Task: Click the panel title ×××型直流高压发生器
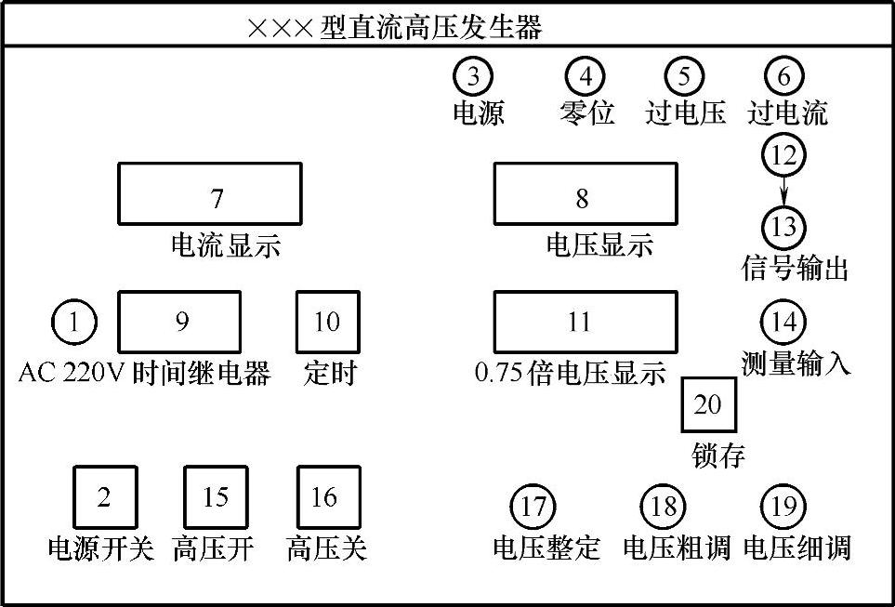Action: point(394,27)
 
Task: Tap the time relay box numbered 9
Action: point(179,322)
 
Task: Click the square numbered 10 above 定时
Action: point(327,322)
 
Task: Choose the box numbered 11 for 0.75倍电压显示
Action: point(585,322)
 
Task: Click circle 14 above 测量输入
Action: point(783,322)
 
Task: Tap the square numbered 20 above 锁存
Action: point(708,405)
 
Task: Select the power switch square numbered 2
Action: point(105,497)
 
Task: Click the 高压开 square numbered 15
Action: point(216,497)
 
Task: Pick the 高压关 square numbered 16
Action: point(327,497)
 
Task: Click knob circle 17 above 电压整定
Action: point(533,508)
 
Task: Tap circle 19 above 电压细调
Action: point(783,508)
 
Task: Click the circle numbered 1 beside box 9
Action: point(73,323)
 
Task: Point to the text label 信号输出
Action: point(796,270)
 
